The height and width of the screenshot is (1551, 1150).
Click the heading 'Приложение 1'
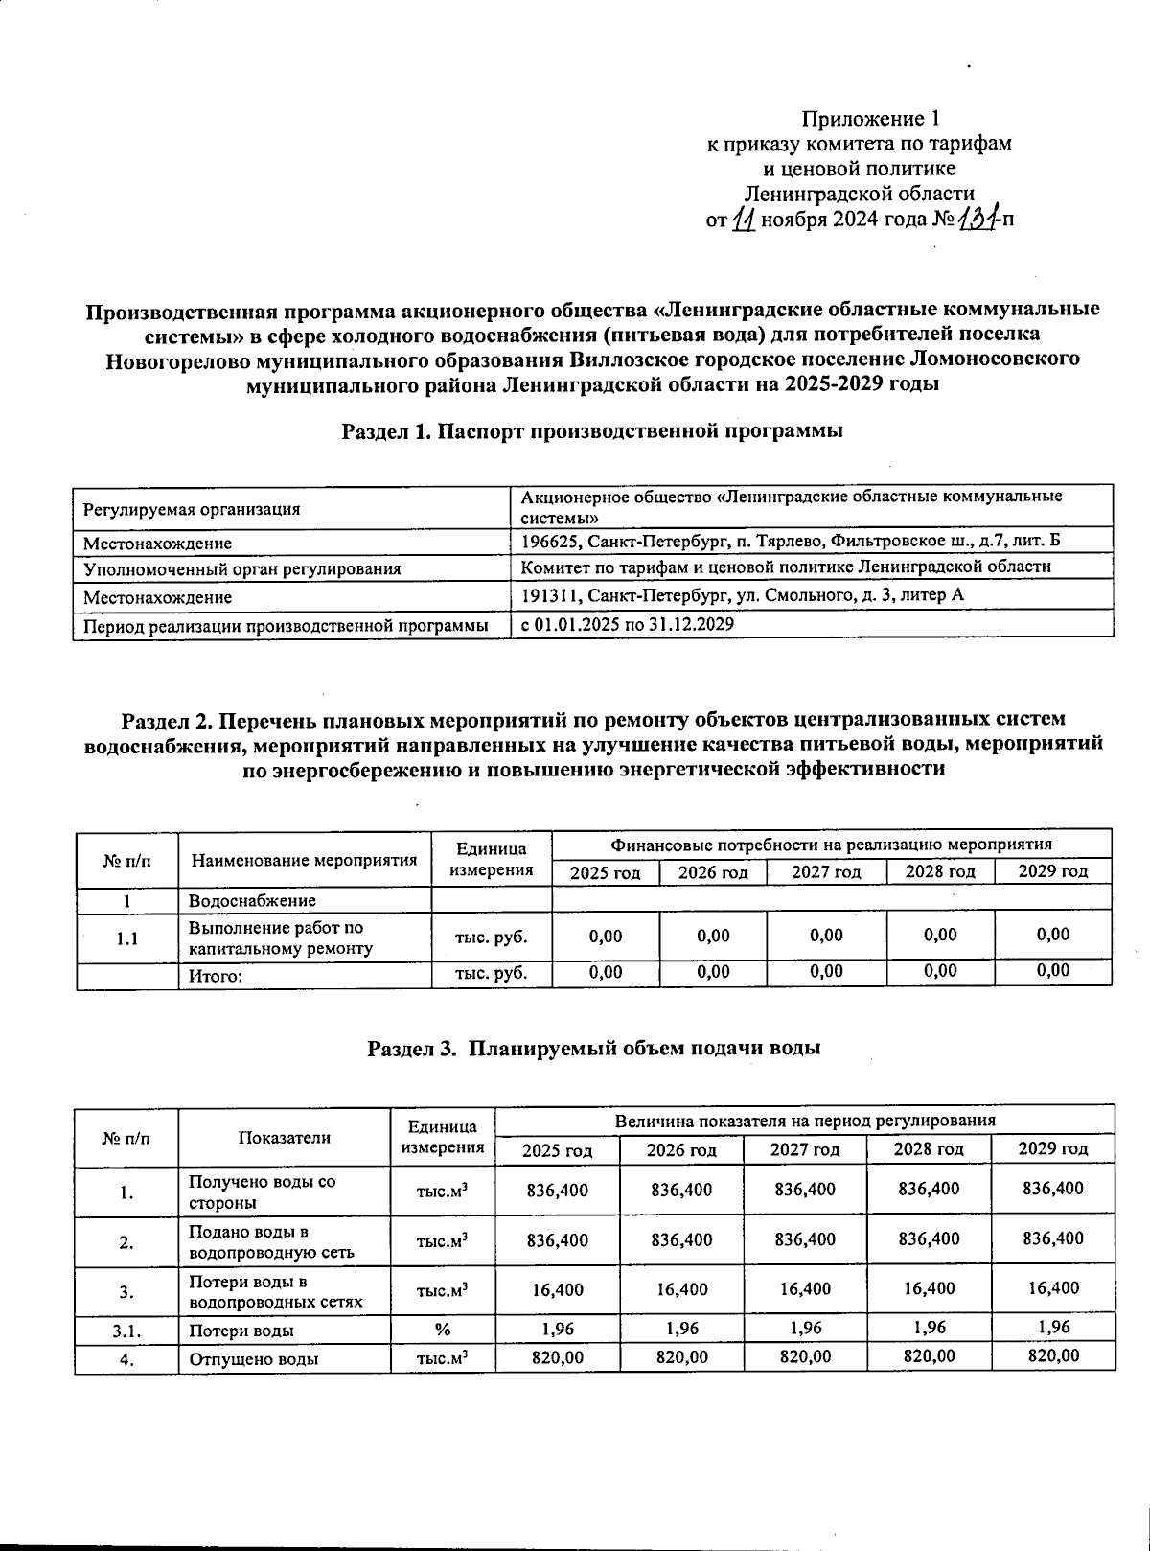(x=870, y=119)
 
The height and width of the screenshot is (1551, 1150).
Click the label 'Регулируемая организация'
(x=192, y=510)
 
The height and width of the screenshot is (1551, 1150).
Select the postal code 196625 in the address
(x=549, y=541)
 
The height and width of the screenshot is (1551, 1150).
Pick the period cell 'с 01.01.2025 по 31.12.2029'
(x=628, y=624)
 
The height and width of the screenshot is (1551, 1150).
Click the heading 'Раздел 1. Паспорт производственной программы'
(x=592, y=431)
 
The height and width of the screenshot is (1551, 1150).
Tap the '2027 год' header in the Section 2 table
(x=826, y=872)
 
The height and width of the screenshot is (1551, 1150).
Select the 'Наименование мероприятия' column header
(x=305, y=860)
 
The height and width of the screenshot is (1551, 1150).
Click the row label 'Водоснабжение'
(x=252, y=901)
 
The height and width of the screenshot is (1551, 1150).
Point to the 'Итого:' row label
(x=215, y=976)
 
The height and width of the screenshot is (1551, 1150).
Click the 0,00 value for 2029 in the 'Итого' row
(x=1053, y=971)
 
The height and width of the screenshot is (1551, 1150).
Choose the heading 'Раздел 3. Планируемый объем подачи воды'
(x=594, y=1048)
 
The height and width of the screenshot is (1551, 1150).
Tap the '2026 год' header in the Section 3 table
(x=681, y=1149)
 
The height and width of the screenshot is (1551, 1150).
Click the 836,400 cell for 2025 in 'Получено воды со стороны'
(x=558, y=1190)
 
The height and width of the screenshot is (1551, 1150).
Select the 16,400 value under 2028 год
(x=929, y=1289)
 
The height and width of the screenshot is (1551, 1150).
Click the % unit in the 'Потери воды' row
(x=443, y=1330)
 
